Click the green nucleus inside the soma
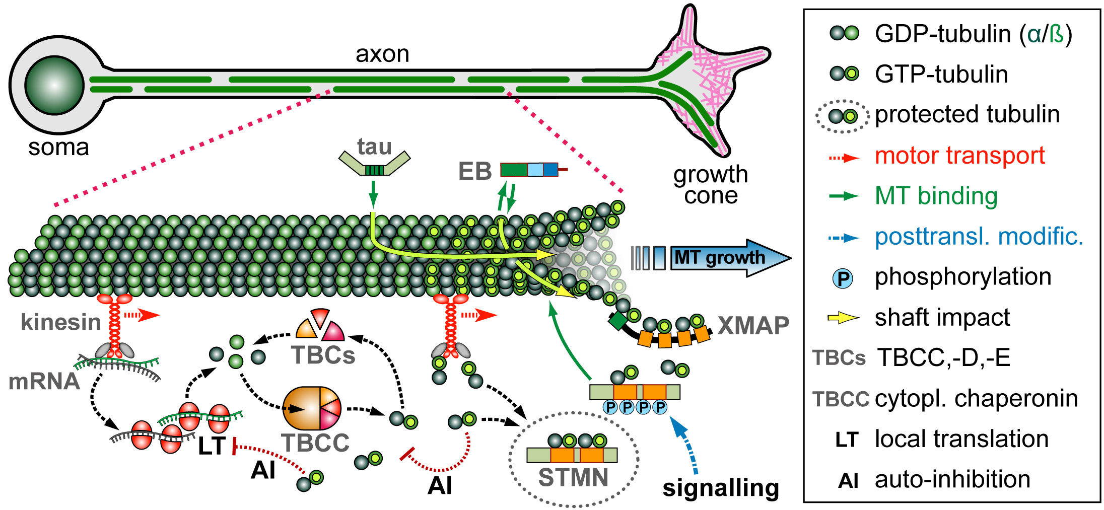(54, 85)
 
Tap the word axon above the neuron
(382, 54)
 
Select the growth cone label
(711, 185)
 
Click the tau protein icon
(374, 163)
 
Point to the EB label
(474, 172)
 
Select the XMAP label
(753, 326)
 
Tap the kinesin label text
(61, 322)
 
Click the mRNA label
(44, 382)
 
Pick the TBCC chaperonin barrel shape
(312, 408)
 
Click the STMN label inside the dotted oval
(573, 477)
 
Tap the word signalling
(721, 488)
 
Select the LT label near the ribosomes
(212, 446)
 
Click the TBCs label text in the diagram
(323, 355)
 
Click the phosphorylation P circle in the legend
(843, 278)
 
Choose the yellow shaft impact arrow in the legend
(843, 318)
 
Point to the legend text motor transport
(959, 156)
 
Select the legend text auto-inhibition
(952, 479)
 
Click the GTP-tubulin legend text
(941, 75)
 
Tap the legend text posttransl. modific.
(979, 237)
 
